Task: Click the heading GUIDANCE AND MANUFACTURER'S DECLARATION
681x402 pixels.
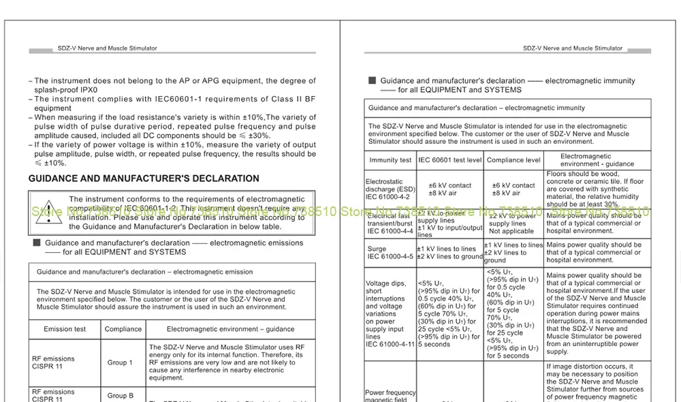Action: pyautogui.click(x=144, y=179)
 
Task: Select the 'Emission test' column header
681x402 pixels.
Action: pyautogui.click(x=65, y=329)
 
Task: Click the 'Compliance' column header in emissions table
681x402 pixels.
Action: pyautogui.click(x=123, y=329)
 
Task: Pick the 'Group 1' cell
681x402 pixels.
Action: pyautogui.click(x=120, y=362)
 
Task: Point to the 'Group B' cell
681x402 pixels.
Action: pyautogui.click(x=120, y=395)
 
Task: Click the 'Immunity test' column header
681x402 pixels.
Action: pyautogui.click(x=390, y=160)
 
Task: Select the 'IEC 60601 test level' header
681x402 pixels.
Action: pyautogui.click(x=449, y=160)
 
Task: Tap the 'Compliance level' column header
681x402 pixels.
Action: pyautogui.click(x=513, y=160)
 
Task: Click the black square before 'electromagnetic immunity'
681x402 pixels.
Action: pyautogui.click(x=372, y=80)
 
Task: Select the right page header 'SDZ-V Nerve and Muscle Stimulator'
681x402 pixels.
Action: pyautogui.click(x=573, y=48)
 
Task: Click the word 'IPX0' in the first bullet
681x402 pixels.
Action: pyautogui.click(x=86, y=89)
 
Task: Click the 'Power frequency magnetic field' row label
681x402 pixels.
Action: pyautogui.click(x=390, y=396)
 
